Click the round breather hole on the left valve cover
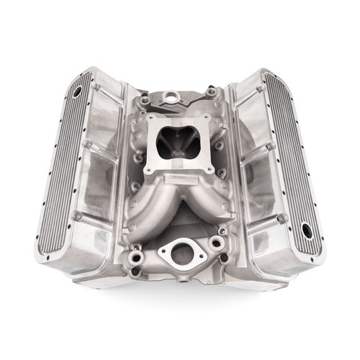coord(77,94)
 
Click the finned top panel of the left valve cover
coord(63,166)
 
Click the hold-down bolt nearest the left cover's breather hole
coord(95,86)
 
